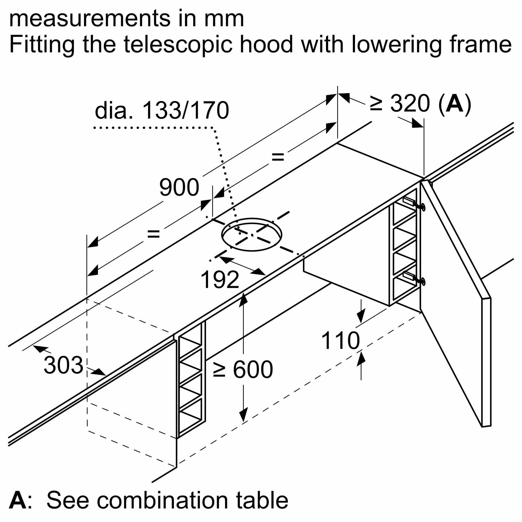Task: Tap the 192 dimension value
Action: coord(220,280)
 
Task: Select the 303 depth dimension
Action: coord(63,365)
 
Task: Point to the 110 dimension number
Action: coord(340,341)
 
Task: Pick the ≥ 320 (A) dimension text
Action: coord(420,103)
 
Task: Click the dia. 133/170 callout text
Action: coord(162,110)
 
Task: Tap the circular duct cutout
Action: coord(252,235)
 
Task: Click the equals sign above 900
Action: coord(278,157)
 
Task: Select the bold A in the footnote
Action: coord(17,500)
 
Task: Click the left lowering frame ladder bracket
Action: coord(191,378)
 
